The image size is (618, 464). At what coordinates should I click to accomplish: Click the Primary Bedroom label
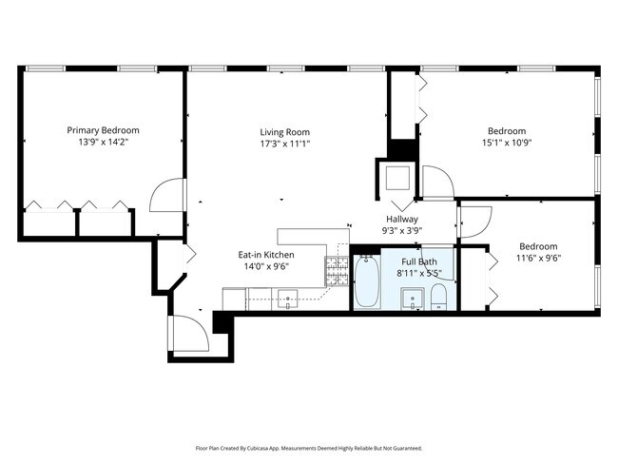tap(103, 130)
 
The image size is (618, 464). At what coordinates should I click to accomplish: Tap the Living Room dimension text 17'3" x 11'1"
tap(285, 144)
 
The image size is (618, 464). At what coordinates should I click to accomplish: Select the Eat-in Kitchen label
tap(265, 255)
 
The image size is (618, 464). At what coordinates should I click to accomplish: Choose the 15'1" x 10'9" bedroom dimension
tap(506, 144)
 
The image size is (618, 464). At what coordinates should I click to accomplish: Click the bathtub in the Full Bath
tap(368, 282)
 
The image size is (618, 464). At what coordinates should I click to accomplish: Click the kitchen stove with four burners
tap(338, 272)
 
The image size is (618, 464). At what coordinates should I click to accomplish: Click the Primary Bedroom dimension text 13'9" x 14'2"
tap(103, 143)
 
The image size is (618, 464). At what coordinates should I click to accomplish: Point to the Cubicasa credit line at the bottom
tap(308, 447)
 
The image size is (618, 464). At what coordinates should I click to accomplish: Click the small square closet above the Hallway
tap(395, 178)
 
